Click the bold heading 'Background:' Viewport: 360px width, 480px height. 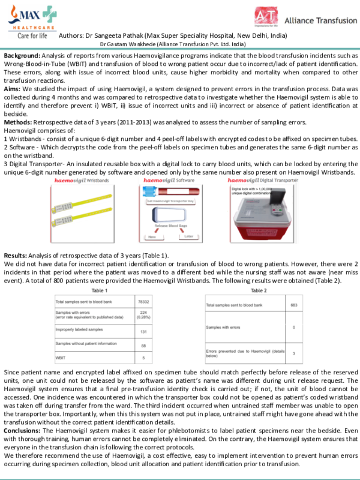click(25, 55)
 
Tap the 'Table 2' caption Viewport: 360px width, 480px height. click(259, 289)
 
